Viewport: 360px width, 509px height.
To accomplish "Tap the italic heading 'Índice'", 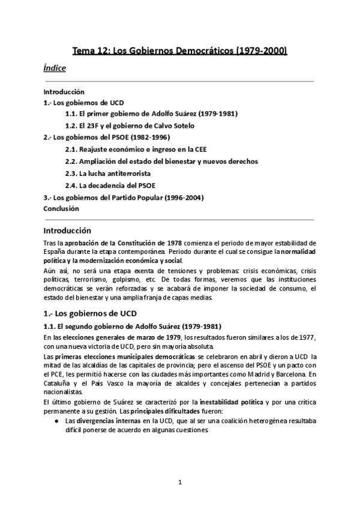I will pos(55,68).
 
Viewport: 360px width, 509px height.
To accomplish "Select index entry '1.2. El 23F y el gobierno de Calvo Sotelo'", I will pos(130,126).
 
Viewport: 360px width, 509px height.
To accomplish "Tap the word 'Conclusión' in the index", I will pos(61,208).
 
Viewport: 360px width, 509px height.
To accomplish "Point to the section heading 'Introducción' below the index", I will pos(67,230).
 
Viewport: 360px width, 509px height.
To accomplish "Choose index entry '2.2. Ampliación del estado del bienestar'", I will pos(161,161).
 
